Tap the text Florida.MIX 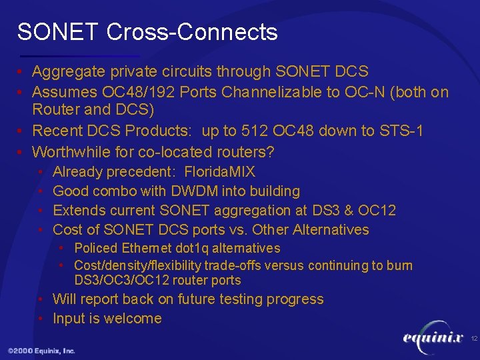pos(219,172)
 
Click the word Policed pos(96,249)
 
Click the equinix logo pos(433,338)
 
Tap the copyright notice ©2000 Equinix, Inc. pos(41,351)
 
